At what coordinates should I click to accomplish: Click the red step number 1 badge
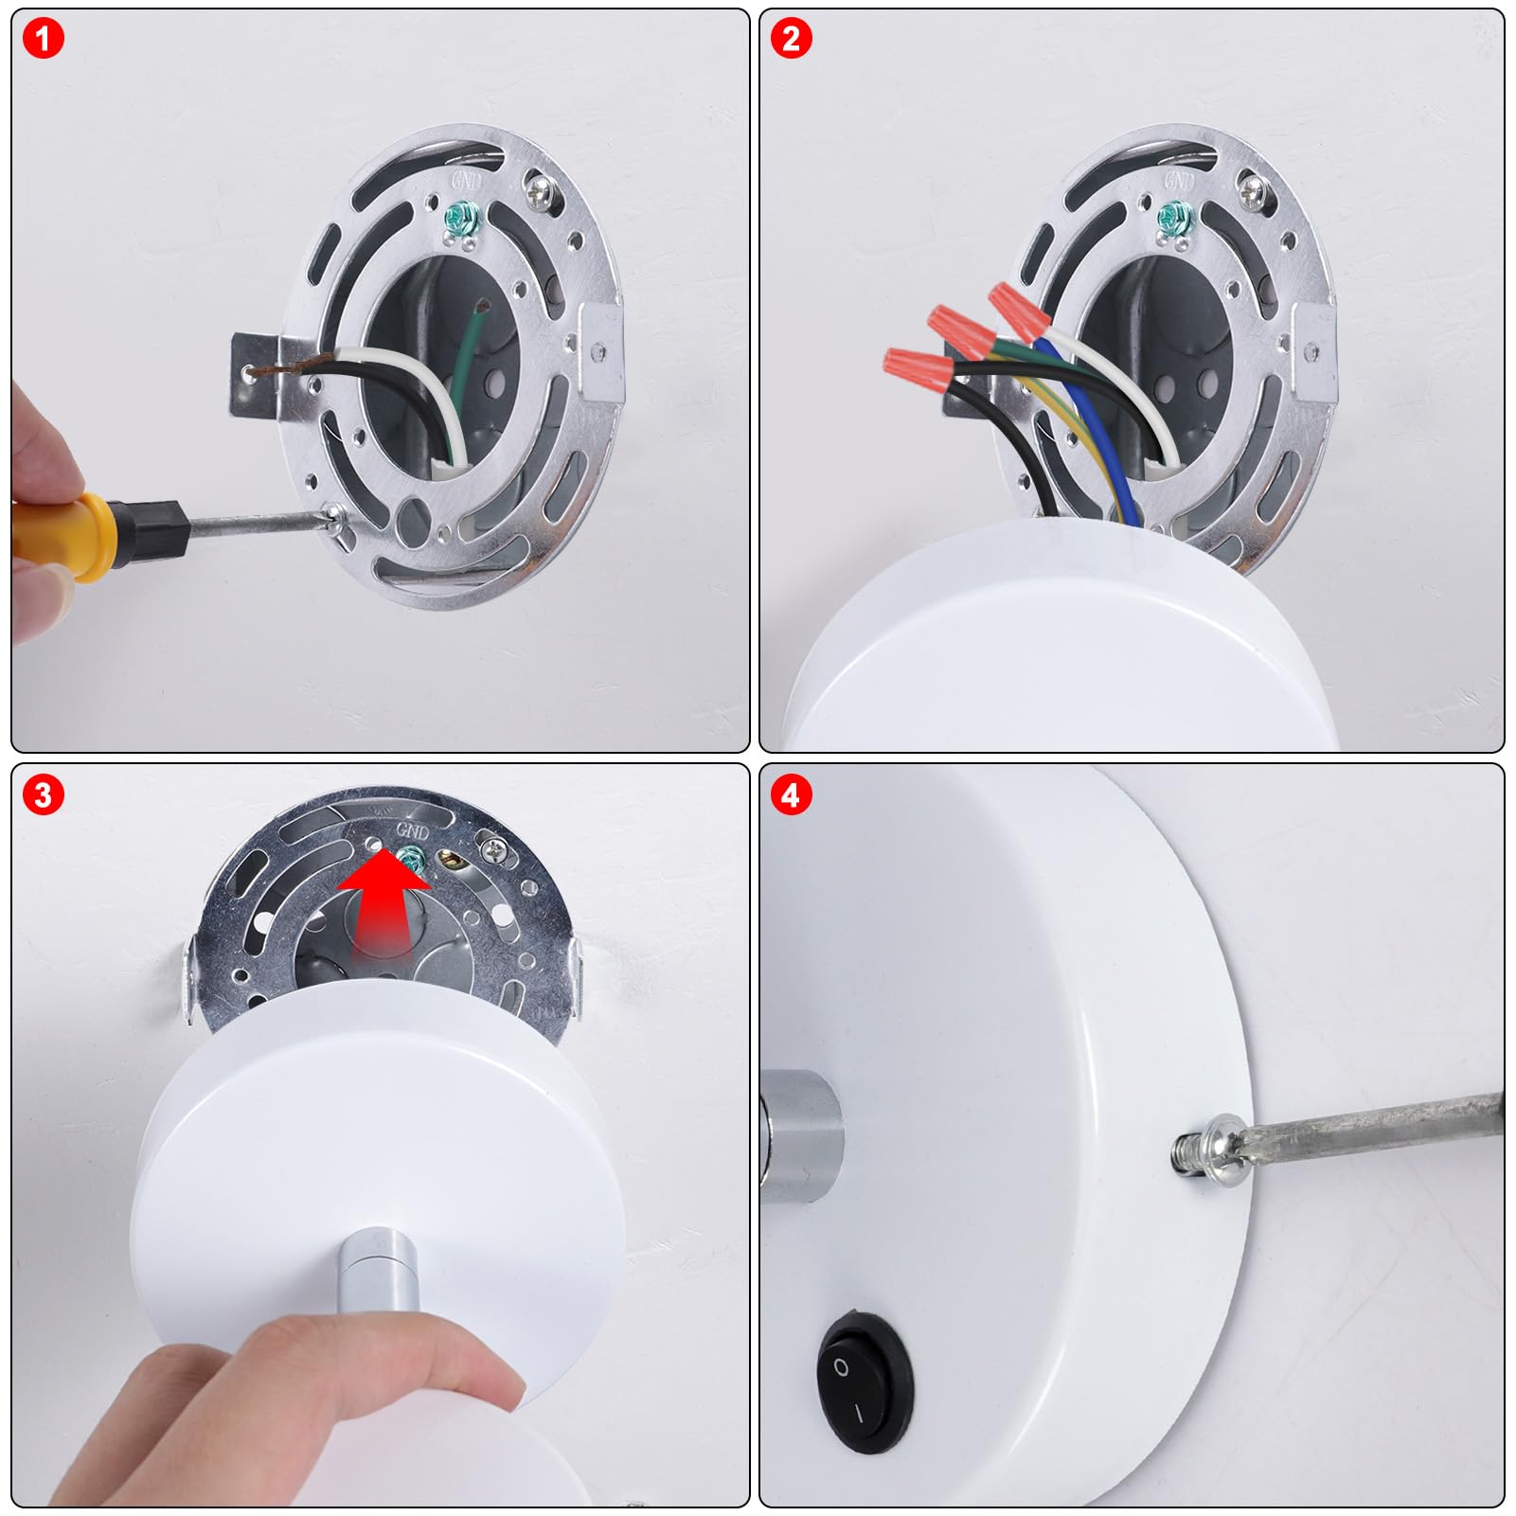click(x=43, y=39)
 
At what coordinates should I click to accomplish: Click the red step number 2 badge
click(x=791, y=39)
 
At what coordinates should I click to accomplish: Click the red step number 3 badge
click(x=43, y=794)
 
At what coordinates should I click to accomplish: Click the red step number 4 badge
click(x=791, y=794)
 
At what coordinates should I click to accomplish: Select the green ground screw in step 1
click(x=463, y=221)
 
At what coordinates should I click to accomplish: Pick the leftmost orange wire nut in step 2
click(x=919, y=364)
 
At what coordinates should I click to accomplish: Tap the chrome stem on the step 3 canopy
click(x=375, y=1270)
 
